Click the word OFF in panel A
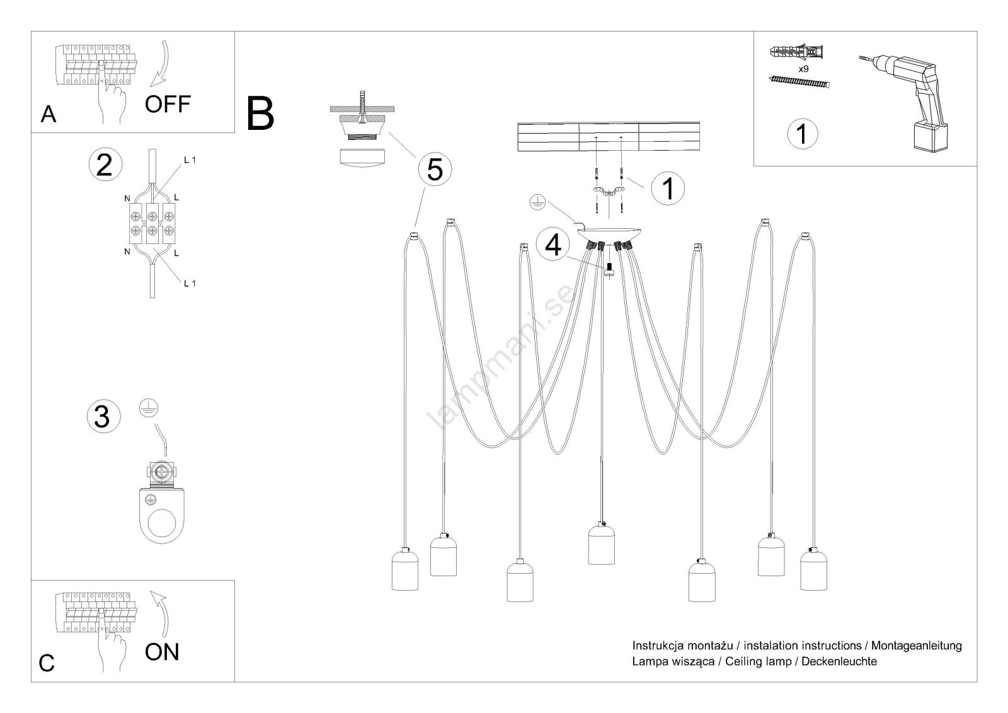(167, 104)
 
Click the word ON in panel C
(162, 652)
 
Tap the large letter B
(260, 113)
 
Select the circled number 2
(105, 164)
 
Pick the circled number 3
(102, 417)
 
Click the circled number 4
(553, 245)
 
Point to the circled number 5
(435, 170)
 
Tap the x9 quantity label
(803, 69)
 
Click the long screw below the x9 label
(799, 82)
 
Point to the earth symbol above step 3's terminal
(148, 409)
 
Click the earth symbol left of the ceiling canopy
(537, 202)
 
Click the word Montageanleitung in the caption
(916, 646)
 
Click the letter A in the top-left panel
(48, 114)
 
